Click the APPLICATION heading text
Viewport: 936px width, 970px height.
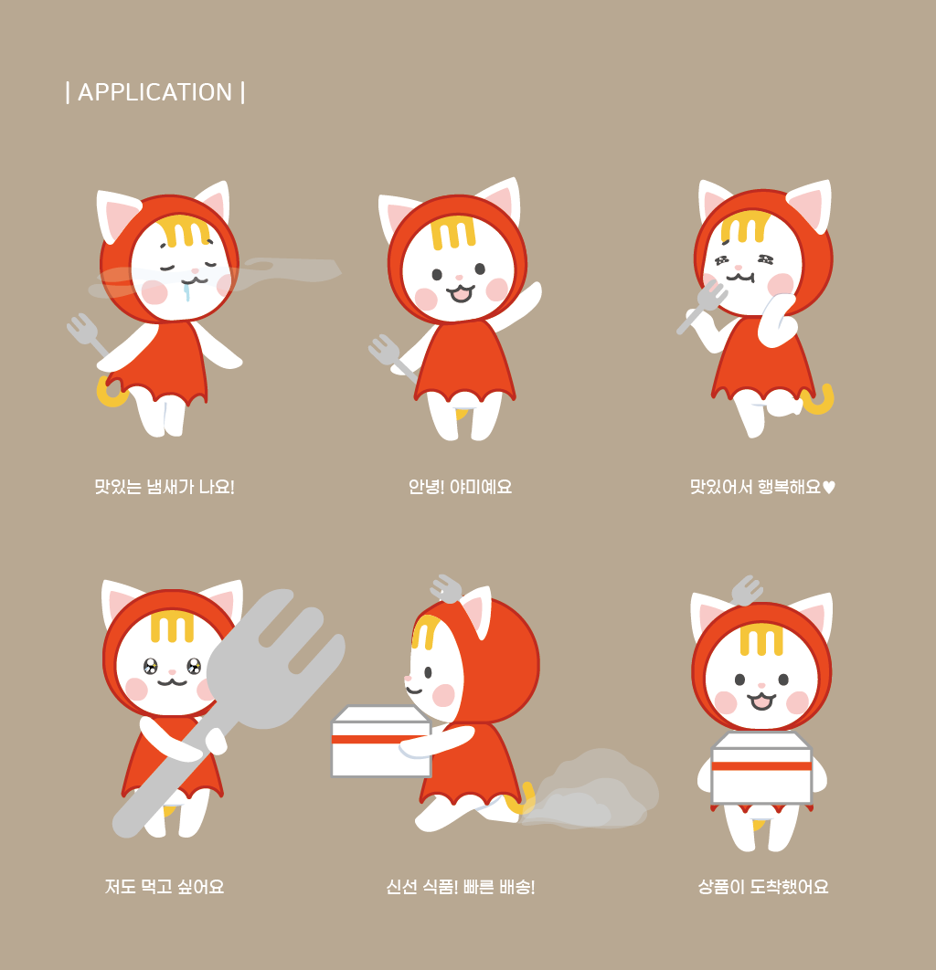pos(154,92)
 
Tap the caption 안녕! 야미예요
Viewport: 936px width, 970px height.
pos(460,487)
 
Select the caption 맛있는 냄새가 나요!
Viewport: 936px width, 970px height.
pos(164,487)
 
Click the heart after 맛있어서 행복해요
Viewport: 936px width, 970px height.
pos(829,488)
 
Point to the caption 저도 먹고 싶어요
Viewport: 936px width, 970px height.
pos(164,887)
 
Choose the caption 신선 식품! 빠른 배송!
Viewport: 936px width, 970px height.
pos(460,887)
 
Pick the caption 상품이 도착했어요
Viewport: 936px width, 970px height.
pos(762,887)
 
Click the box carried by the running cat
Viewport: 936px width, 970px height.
pos(381,741)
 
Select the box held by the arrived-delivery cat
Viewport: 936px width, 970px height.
pos(761,768)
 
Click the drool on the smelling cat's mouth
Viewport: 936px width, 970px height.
pos(186,290)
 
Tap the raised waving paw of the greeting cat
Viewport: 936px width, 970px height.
pos(529,297)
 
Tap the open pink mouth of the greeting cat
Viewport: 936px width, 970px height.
pos(461,293)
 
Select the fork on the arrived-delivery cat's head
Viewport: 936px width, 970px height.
pos(747,590)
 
